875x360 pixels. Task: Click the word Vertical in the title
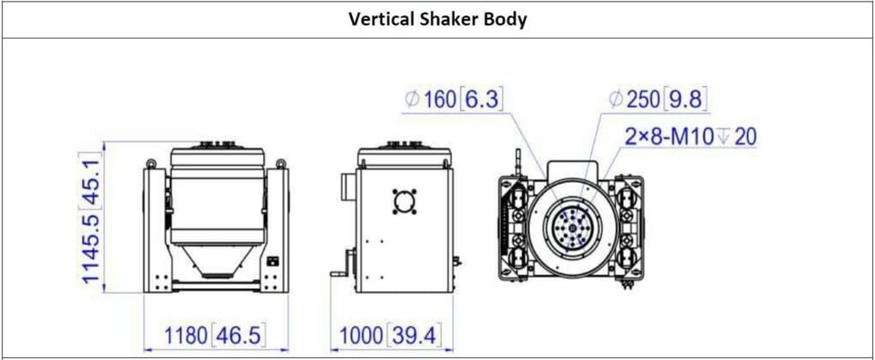click(x=378, y=19)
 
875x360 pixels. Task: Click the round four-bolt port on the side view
click(x=405, y=202)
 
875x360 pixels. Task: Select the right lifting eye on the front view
click(x=282, y=164)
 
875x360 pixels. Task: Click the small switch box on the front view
click(x=273, y=263)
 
